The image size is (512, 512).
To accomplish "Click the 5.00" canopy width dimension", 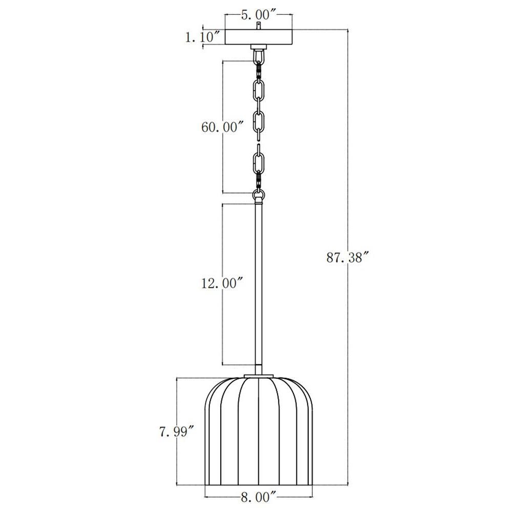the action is tap(259, 15).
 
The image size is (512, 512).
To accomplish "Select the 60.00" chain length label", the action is tap(223, 126).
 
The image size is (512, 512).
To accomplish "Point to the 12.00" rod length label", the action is tap(223, 283).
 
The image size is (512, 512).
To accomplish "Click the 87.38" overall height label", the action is tap(348, 258).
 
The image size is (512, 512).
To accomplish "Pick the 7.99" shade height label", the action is tap(177, 432).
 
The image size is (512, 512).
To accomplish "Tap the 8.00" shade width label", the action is tap(259, 497).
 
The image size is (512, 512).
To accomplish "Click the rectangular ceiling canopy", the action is tap(259, 37).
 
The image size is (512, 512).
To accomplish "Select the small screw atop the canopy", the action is tap(259, 26).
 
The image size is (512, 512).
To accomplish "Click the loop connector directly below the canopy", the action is tap(259, 55).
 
